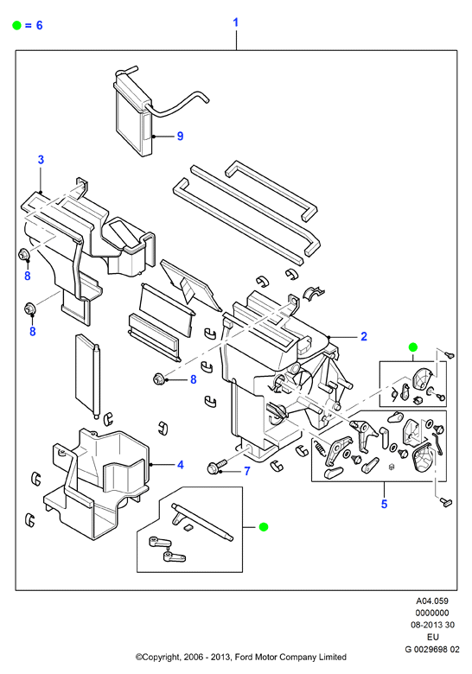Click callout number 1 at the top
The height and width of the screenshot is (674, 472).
(x=236, y=22)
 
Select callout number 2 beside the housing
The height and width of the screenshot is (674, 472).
(x=364, y=336)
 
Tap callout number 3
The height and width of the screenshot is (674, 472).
(x=41, y=160)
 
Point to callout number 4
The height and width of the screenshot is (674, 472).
(x=181, y=465)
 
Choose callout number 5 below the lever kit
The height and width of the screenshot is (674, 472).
(x=384, y=504)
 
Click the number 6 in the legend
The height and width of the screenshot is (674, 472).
(x=39, y=25)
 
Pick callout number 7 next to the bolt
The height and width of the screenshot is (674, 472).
(x=246, y=472)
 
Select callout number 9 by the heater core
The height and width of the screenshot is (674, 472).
(x=180, y=137)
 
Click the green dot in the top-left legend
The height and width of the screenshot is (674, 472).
(x=16, y=25)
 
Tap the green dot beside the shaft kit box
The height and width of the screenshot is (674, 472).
(x=264, y=526)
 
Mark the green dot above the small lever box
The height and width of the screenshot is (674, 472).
(x=413, y=347)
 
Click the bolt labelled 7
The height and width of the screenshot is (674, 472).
(x=217, y=467)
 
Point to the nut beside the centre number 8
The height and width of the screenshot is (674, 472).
(x=157, y=379)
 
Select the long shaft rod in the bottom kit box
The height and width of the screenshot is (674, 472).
(x=203, y=522)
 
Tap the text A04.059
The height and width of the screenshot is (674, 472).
(x=431, y=601)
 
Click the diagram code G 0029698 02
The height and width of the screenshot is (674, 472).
(x=431, y=649)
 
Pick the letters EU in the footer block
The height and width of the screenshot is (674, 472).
(x=432, y=637)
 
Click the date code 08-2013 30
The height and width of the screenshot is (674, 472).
(x=431, y=625)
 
